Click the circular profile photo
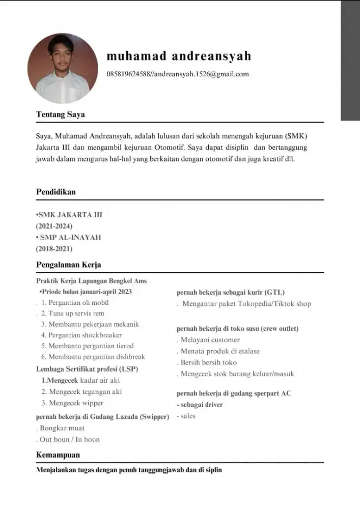pos(63,69)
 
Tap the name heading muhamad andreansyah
pos(179,55)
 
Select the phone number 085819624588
pos(128,74)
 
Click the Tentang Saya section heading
pos(60,115)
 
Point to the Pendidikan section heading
pos(56,192)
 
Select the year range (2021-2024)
pos(54,226)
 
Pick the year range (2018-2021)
pos(54,249)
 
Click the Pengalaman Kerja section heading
pos(68,265)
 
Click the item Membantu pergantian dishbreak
pos(93,357)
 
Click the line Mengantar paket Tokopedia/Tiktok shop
pos(246,304)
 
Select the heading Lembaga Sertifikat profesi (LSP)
pos(87,369)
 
